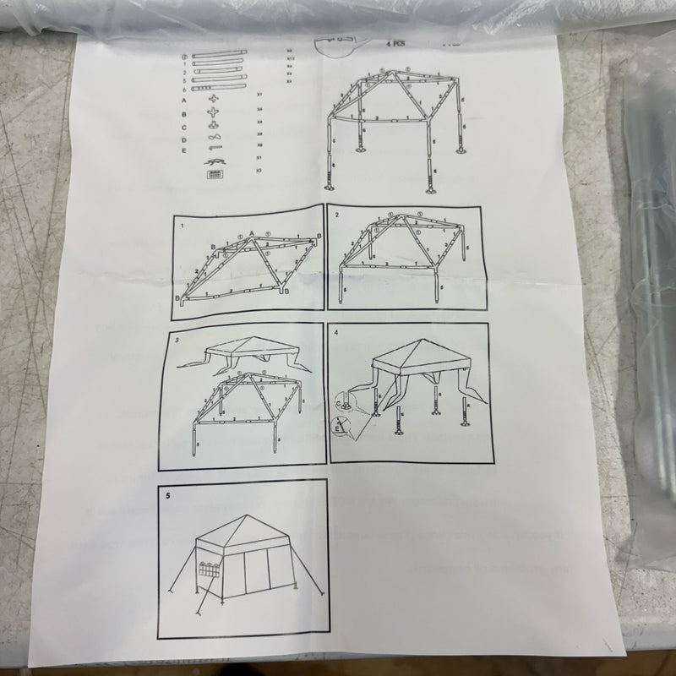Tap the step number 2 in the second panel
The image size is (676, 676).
pyautogui.click(x=337, y=216)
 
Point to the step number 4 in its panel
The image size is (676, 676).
pyautogui.click(x=337, y=331)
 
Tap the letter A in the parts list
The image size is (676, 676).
pyautogui.click(x=184, y=101)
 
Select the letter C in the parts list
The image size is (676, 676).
pyautogui.click(x=184, y=127)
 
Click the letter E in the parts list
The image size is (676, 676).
pyautogui.click(x=183, y=150)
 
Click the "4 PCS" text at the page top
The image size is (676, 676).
pyautogui.click(x=395, y=41)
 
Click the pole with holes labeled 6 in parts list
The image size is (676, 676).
pyautogui.click(x=217, y=88)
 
